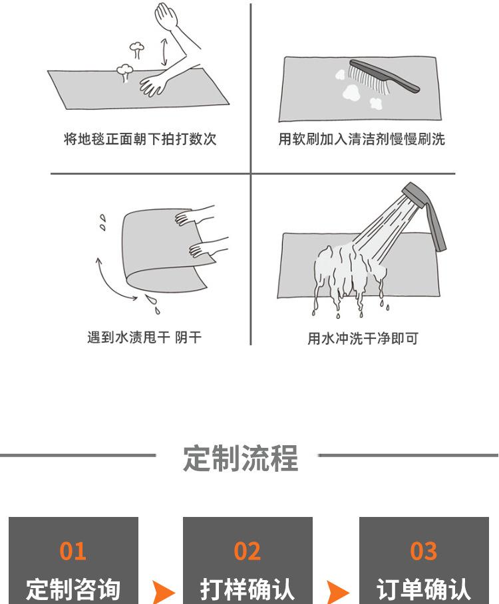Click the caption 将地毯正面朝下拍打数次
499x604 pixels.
tap(140, 139)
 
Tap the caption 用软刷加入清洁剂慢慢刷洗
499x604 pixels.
tap(362, 139)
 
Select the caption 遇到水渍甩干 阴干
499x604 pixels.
tap(144, 338)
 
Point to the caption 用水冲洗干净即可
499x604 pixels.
tap(363, 339)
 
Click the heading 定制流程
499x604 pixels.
tap(241, 458)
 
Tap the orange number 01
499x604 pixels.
tap(73, 551)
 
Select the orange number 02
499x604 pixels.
tap(248, 551)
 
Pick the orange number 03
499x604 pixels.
tap(423, 551)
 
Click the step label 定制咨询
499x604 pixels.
tap(73, 589)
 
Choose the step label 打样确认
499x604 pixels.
tap(248, 589)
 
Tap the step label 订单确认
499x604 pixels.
tap(423, 589)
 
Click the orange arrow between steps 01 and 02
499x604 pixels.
tap(163, 592)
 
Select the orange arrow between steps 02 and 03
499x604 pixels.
tap(337, 592)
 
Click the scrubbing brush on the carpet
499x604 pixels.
tap(384, 76)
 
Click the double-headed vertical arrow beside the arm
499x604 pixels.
tap(164, 52)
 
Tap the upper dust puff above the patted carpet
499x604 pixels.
tap(136, 49)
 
